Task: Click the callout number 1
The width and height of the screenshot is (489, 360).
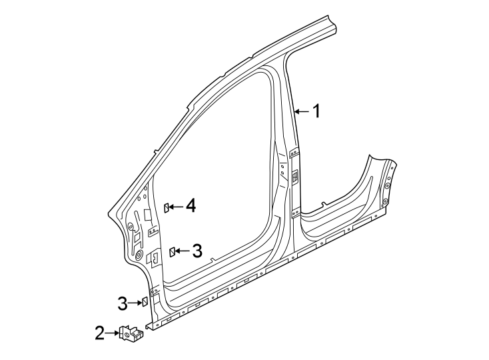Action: [x=317, y=111]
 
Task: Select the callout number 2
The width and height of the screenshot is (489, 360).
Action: [x=99, y=333]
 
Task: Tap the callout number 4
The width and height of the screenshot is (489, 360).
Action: [x=191, y=207]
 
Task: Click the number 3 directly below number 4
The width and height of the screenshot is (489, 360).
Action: [x=197, y=251]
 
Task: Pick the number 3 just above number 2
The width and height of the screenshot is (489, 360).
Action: [x=122, y=303]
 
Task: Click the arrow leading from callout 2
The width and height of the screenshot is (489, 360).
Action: [x=112, y=333]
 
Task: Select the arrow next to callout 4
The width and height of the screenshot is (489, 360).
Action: [x=176, y=207]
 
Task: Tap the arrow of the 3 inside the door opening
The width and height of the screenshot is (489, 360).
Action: [x=182, y=251]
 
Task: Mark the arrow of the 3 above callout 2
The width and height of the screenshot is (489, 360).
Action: [x=133, y=303]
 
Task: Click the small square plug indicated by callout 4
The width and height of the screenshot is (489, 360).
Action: [x=167, y=207]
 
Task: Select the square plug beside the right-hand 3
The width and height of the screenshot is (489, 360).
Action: [x=172, y=251]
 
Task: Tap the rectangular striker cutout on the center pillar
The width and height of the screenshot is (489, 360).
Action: [x=293, y=177]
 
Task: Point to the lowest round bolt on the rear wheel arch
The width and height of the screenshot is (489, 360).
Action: [x=386, y=201]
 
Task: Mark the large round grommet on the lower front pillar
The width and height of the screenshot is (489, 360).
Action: [x=138, y=256]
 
